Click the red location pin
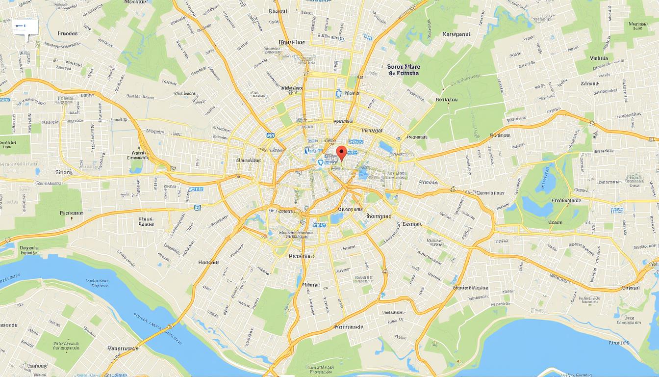[342, 152]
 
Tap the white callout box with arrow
[25, 26]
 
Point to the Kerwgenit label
[456, 34]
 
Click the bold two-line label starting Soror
[403, 69]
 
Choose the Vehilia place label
[599, 58]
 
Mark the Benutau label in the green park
[446, 100]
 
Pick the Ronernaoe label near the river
[123, 348]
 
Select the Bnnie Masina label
[471, 288]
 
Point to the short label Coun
[555, 222]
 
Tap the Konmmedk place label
[349, 326]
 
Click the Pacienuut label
[72, 214]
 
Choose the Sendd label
[64, 172]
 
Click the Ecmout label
[411, 224]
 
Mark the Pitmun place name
[311, 285]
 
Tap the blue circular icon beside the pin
[321, 162]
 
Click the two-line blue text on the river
[97, 283]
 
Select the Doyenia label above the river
[29, 250]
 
